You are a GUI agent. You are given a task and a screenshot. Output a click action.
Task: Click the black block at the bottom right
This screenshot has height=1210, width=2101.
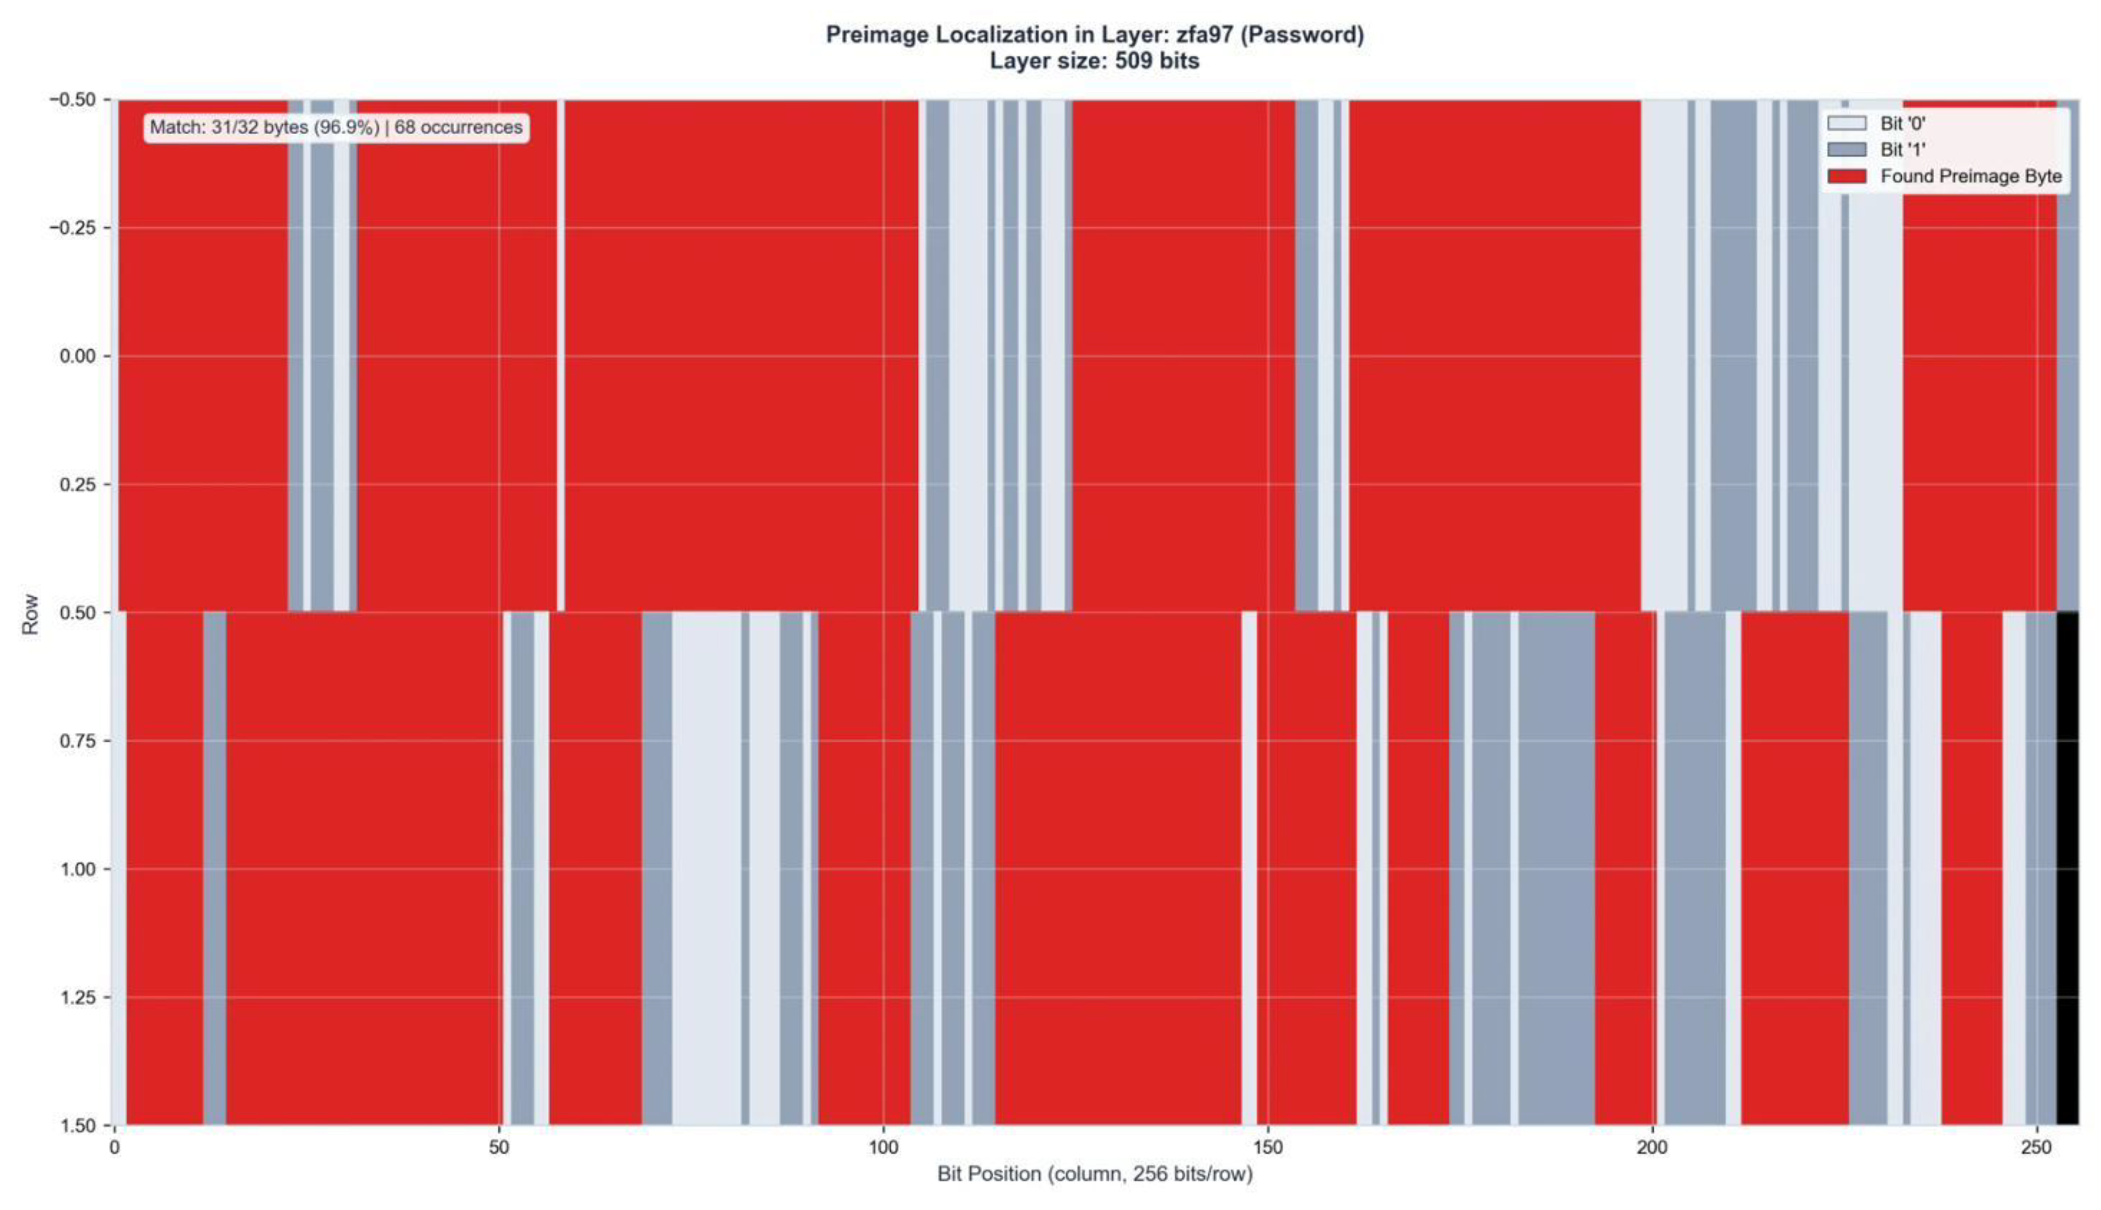pyautogui.click(x=2067, y=868)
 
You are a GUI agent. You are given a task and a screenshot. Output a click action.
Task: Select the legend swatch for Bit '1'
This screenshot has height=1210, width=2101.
pyautogui.click(x=1846, y=149)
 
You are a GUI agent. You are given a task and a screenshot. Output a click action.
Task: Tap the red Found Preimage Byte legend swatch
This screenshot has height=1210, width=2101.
pyautogui.click(x=1846, y=176)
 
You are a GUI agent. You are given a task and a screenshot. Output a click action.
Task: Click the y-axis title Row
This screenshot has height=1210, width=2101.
pyautogui.click(x=30, y=613)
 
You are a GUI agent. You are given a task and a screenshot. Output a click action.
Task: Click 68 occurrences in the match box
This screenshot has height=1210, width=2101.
pyautogui.click(x=458, y=127)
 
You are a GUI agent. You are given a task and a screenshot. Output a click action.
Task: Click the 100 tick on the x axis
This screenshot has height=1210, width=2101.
pyautogui.click(x=883, y=1148)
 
